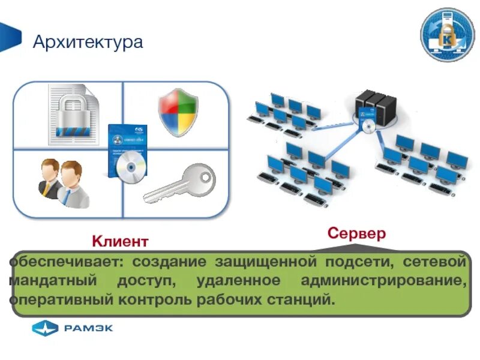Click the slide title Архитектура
click(88, 43)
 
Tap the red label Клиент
click(119, 241)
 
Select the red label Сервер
click(356, 233)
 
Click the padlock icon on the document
click(72, 115)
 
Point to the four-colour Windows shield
click(178, 113)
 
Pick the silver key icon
click(179, 184)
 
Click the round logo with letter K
click(447, 35)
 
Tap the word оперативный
click(57, 298)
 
